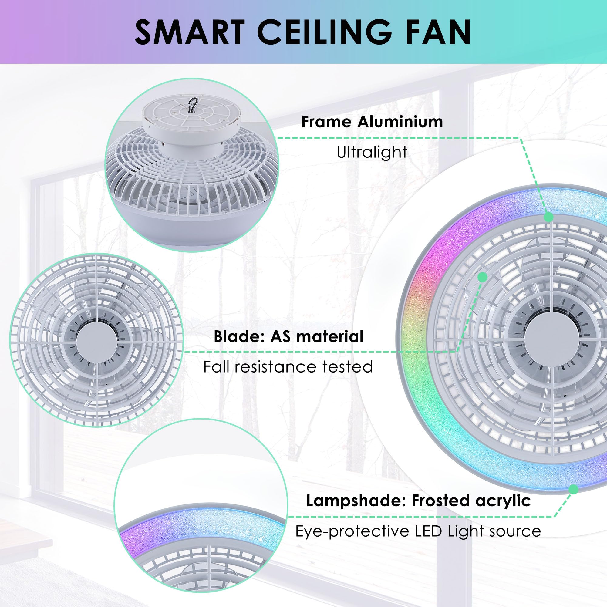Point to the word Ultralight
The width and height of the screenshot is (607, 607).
point(372,152)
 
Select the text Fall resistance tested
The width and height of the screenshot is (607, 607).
point(288,367)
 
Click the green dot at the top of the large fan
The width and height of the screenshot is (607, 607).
point(548,217)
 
